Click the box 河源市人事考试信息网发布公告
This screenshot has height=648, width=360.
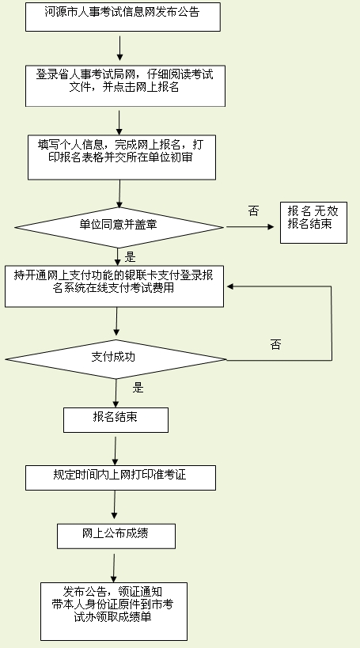click(x=123, y=17)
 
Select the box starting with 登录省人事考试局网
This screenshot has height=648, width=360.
click(x=125, y=86)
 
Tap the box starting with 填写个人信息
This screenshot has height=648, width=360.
click(x=122, y=157)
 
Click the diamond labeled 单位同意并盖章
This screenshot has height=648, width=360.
click(x=119, y=227)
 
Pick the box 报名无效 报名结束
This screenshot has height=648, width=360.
click(x=313, y=223)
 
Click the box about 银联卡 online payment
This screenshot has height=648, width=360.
click(x=114, y=286)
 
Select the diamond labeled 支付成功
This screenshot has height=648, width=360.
click(x=116, y=359)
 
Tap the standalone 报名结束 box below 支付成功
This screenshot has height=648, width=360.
click(x=116, y=420)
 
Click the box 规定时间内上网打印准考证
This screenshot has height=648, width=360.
click(x=121, y=478)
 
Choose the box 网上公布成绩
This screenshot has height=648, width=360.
click(x=116, y=536)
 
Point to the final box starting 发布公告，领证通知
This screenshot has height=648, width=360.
click(x=114, y=612)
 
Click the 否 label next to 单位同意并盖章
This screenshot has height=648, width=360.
click(x=253, y=211)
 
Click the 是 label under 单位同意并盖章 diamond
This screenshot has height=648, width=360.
click(x=130, y=257)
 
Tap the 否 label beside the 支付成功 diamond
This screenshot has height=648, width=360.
click(x=275, y=345)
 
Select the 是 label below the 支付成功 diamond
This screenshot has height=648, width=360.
click(x=138, y=388)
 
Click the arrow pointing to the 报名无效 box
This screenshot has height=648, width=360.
click(x=250, y=227)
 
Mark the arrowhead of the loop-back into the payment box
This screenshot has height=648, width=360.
click(x=229, y=286)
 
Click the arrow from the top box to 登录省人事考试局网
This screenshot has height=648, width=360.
click(x=119, y=48)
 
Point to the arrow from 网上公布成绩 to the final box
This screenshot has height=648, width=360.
click(x=114, y=568)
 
